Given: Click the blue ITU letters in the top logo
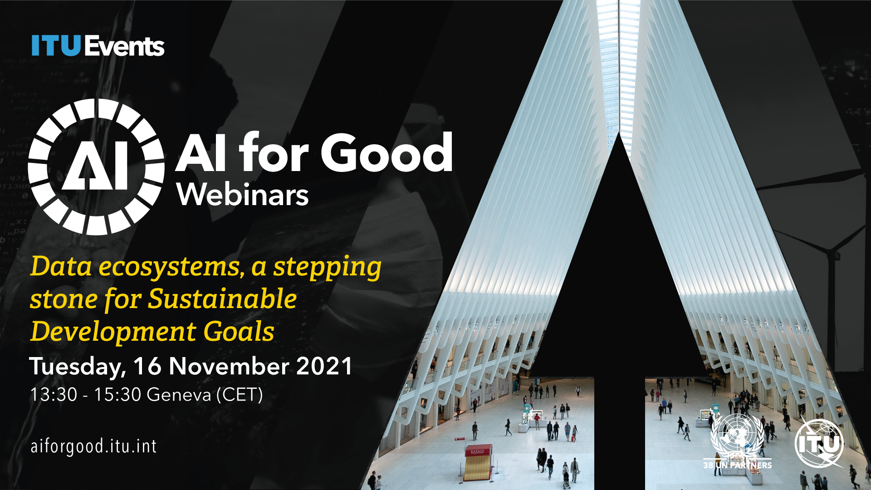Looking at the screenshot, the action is [56, 46].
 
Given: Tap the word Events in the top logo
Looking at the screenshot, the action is [124, 46].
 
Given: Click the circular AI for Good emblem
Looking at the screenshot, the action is [96, 167].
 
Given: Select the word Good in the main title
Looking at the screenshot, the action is [387, 152].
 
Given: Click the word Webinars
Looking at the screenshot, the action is [243, 195].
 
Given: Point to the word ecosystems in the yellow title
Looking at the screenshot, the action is [169, 267].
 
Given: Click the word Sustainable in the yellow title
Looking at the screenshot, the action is [222, 299].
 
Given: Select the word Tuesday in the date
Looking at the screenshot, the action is [78, 367].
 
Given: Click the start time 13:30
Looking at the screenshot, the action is [54, 395].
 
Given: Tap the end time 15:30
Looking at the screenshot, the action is [118, 395].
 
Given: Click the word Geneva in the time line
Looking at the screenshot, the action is [179, 395].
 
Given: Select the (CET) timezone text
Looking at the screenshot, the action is [240, 395].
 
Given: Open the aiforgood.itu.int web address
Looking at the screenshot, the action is [93, 446].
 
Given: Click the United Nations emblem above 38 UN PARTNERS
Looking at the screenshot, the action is [737, 436].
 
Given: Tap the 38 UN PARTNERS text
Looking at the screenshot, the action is [738, 465].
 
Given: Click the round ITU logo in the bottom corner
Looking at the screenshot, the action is [820, 444].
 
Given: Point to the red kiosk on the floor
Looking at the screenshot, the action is [478, 462].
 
